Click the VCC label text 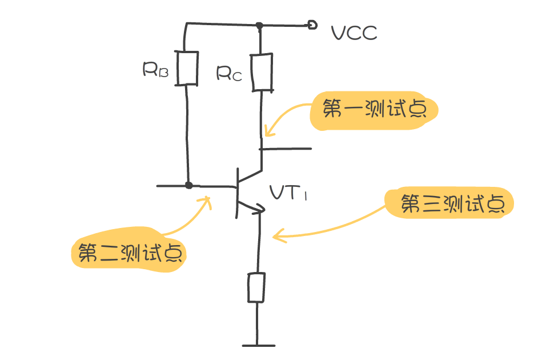354,33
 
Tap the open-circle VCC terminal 312,25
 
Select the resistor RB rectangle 187,69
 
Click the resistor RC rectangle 262,72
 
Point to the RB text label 155,70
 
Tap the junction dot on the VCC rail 259,25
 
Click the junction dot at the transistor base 189,186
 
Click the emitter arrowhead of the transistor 260,209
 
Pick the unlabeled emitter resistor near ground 256,287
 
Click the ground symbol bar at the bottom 258,345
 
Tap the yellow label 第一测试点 374,109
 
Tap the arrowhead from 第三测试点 276,234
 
